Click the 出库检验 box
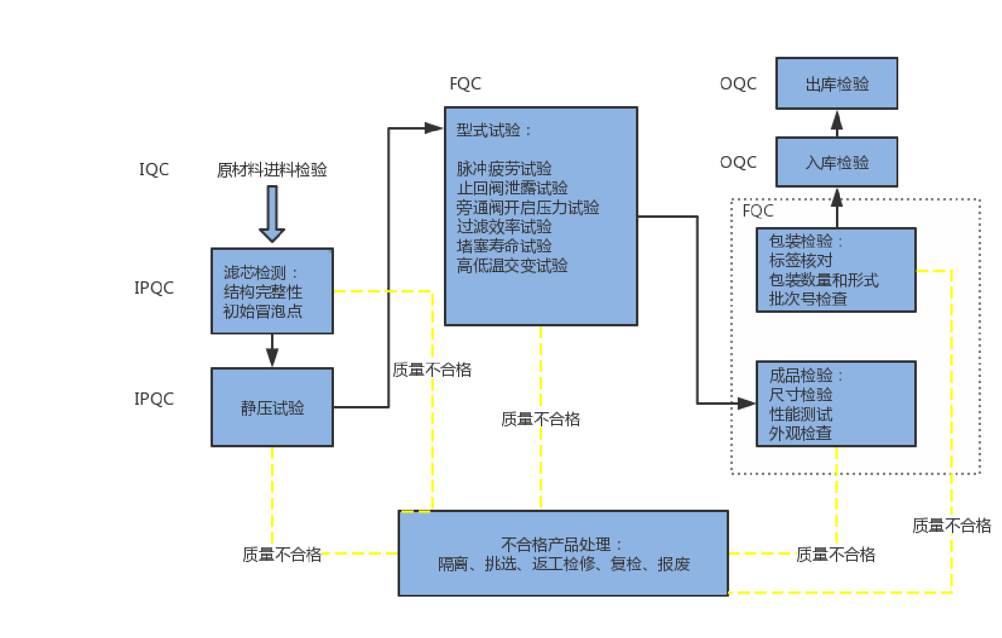pyautogui.click(x=837, y=84)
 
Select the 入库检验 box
pyautogui.click(x=837, y=162)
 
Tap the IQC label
pyautogui.click(x=154, y=170)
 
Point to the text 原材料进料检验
pyautogui.click(x=272, y=170)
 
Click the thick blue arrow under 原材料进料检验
pyautogui.click(x=272, y=213)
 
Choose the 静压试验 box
pyautogui.click(x=272, y=408)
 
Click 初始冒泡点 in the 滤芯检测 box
pyautogui.click(x=263, y=311)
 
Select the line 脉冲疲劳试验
pyautogui.click(x=504, y=168)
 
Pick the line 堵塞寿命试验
pyautogui.click(x=504, y=246)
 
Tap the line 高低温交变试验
pyautogui.click(x=512, y=266)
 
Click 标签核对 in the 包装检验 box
pyautogui.click(x=801, y=260)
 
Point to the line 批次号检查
pyautogui.click(x=808, y=299)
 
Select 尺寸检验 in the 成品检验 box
pyautogui.click(x=801, y=394)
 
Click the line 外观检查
pyautogui.click(x=801, y=433)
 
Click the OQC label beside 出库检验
pyautogui.click(x=738, y=84)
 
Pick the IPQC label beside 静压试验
pyautogui.click(x=154, y=399)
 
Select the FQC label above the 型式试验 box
pyautogui.click(x=466, y=84)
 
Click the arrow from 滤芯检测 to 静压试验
pyautogui.click(x=272, y=352)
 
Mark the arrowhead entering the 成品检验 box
pyautogui.click(x=747, y=404)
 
